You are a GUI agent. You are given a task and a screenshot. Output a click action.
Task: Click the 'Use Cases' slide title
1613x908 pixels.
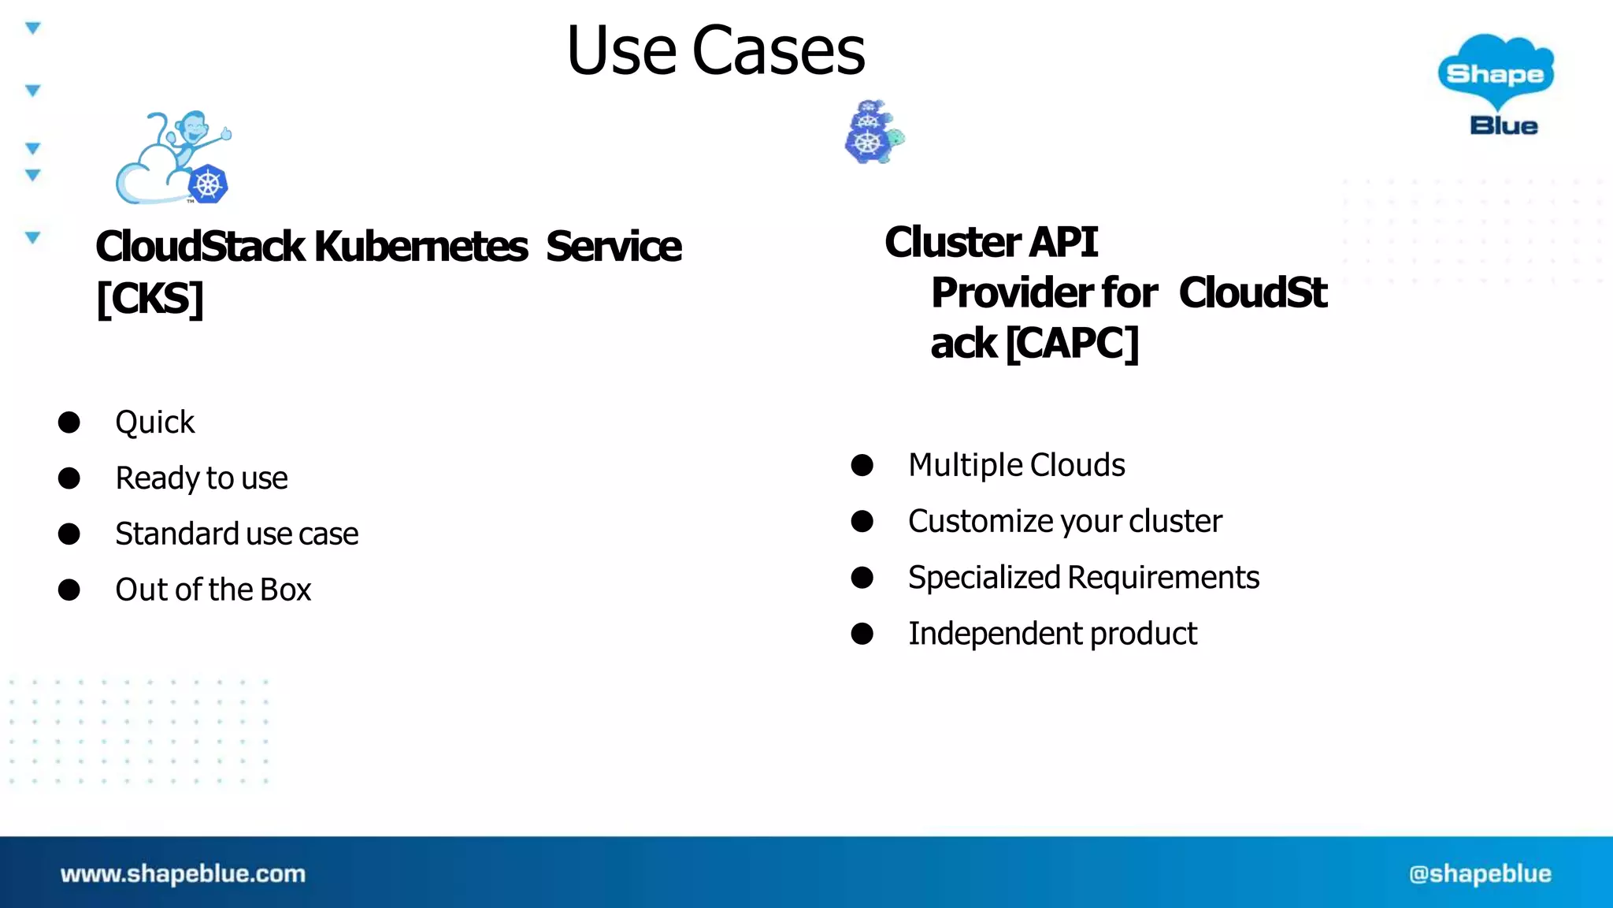[x=715, y=50]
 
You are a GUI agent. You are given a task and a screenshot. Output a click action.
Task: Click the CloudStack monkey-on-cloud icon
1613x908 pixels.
[x=172, y=158]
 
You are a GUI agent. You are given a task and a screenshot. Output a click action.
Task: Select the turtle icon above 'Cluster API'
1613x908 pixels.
[x=873, y=132]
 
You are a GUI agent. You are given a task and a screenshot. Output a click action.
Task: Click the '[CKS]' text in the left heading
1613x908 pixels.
[x=150, y=299]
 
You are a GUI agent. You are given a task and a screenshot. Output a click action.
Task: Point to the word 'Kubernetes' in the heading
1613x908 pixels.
[x=421, y=247]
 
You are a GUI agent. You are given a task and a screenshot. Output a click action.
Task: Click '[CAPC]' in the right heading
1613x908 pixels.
[x=1072, y=344]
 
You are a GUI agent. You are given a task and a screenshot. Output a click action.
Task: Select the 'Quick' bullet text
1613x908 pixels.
[x=154, y=422]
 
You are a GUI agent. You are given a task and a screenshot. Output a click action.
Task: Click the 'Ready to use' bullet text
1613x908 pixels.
[x=202, y=478]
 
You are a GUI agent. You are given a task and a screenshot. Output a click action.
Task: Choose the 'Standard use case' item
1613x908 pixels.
[x=236, y=534]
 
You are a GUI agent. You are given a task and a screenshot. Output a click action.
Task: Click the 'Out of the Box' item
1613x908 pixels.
[x=213, y=590]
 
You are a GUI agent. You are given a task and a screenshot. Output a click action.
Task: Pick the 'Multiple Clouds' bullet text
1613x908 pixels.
[x=1016, y=465]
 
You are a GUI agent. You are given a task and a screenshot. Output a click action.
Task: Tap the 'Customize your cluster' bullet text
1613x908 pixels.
[x=1065, y=521]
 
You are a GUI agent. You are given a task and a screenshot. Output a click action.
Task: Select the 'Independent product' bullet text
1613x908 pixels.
[x=1052, y=634]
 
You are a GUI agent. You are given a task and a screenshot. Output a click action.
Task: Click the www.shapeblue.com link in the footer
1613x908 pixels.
[x=183, y=873]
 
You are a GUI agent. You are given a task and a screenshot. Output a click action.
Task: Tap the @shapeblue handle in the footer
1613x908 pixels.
[x=1480, y=873]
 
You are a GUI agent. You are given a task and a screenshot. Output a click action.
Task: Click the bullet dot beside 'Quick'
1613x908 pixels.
[x=69, y=422]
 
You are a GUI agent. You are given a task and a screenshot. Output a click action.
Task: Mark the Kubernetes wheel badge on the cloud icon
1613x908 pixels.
[x=209, y=185]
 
